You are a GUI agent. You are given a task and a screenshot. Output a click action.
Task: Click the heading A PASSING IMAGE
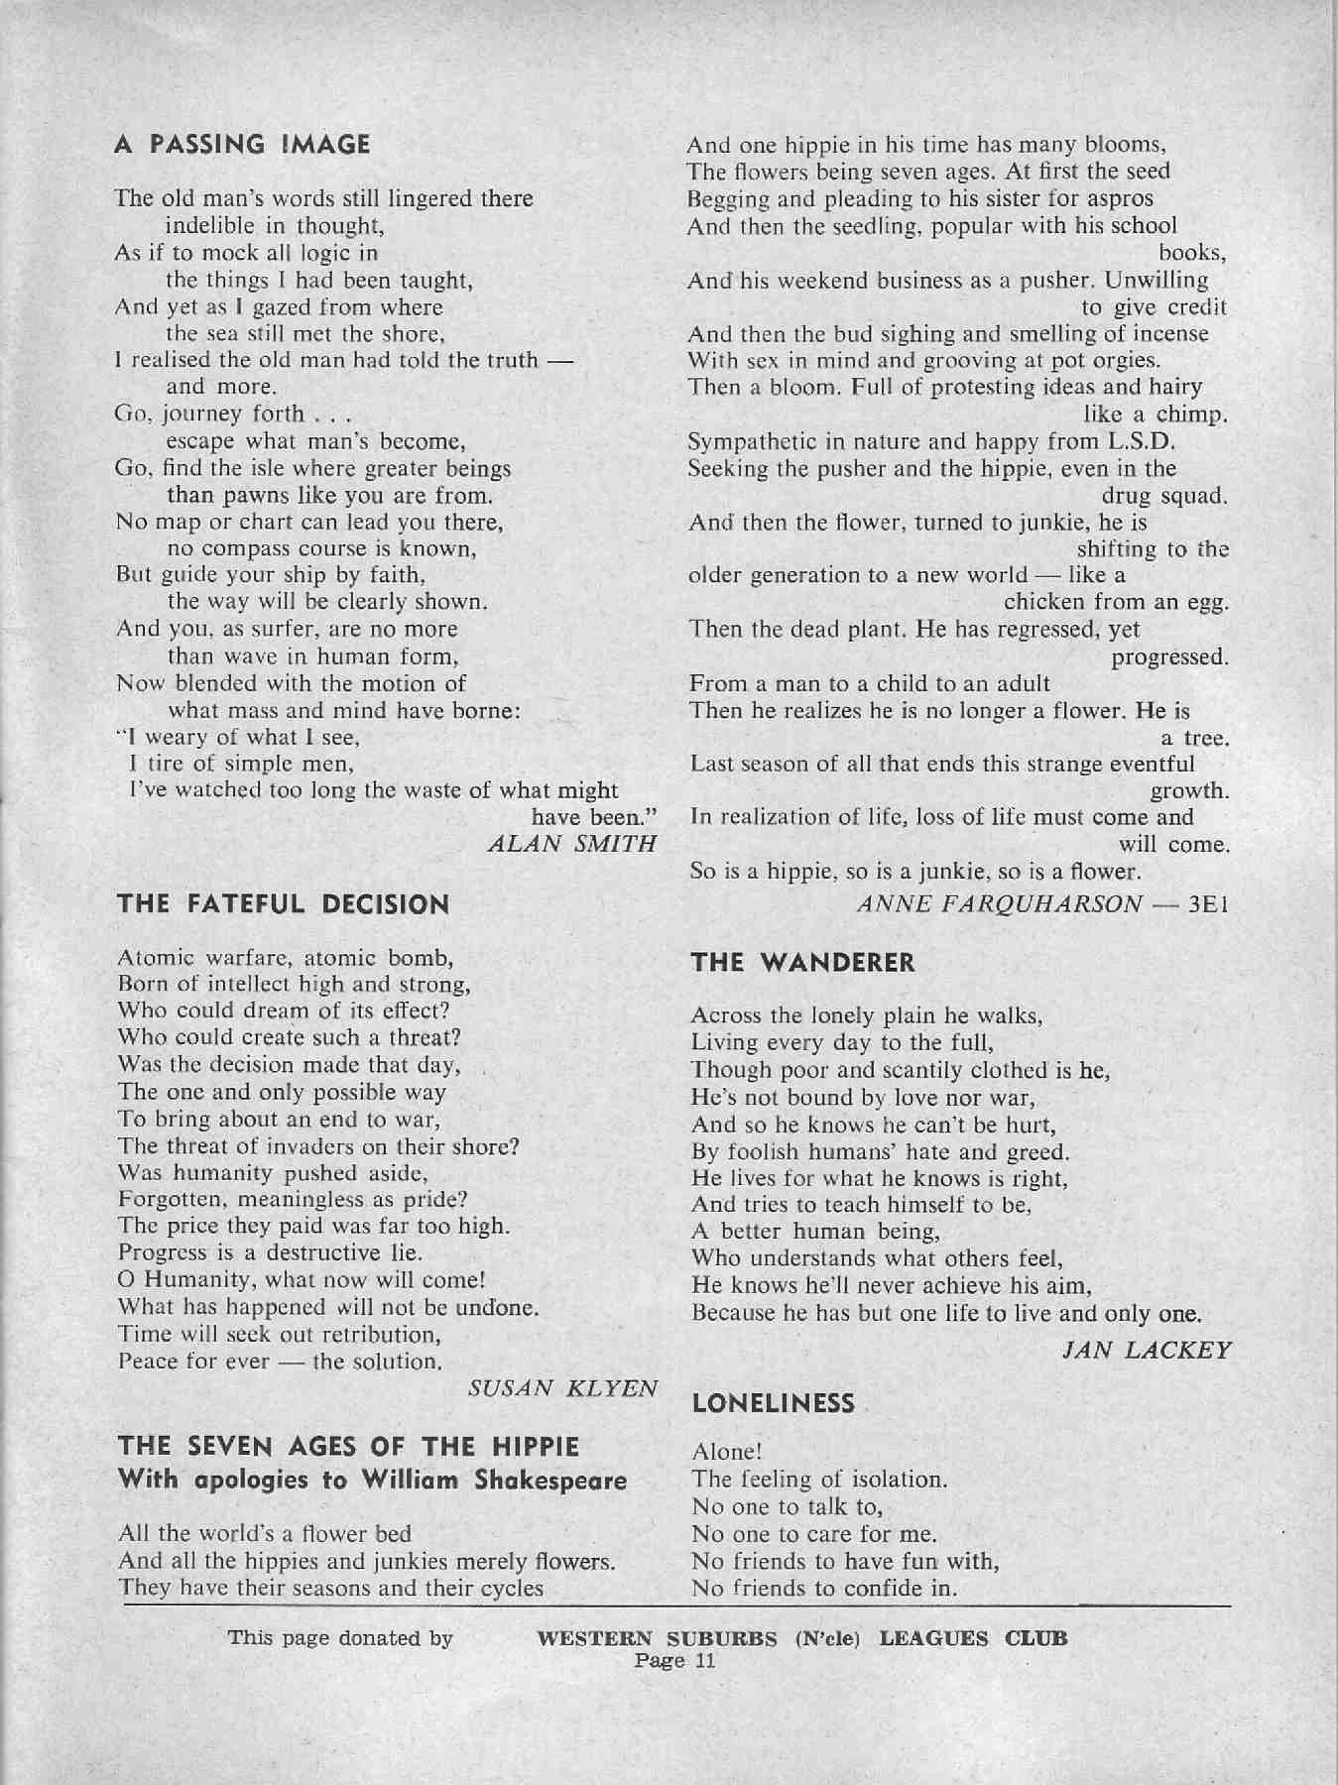(242, 145)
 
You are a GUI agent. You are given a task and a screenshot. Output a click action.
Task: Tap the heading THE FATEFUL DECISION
(283, 904)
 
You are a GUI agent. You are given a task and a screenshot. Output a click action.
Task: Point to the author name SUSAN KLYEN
(562, 1388)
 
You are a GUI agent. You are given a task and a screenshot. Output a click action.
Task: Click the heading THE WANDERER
(802, 962)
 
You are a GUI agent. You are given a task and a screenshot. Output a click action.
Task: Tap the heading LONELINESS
(774, 1403)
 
